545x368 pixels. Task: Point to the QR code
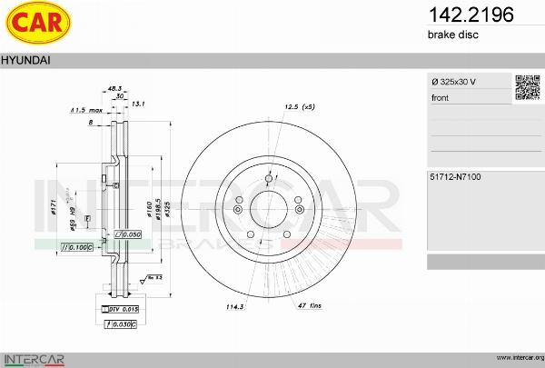pyautogui.click(x=528, y=87)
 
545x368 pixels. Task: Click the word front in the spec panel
pyautogui.click(x=441, y=97)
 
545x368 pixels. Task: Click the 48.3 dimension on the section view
pyautogui.click(x=114, y=87)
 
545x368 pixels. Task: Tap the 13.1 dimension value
pyautogui.click(x=139, y=104)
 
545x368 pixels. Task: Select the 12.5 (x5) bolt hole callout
pyautogui.click(x=299, y=107)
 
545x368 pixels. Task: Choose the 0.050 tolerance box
pyautogui.click(x=129, y=234)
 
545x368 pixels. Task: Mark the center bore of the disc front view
pyautogui.click(x=270, y=207)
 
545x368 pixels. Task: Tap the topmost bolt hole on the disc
pyautogui.click(x=270, y=177)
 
